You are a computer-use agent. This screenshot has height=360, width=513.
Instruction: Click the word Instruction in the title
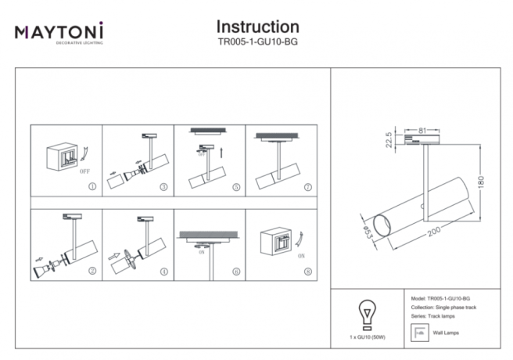(x=257, y=27)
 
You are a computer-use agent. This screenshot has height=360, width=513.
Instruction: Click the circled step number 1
(x=93, y=188)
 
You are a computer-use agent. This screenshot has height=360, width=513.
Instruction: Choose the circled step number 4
(x=163, y=272)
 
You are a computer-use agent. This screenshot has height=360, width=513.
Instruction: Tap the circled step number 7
(x=307, y=188)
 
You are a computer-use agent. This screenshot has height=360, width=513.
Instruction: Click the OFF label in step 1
(x=84, y=168)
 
